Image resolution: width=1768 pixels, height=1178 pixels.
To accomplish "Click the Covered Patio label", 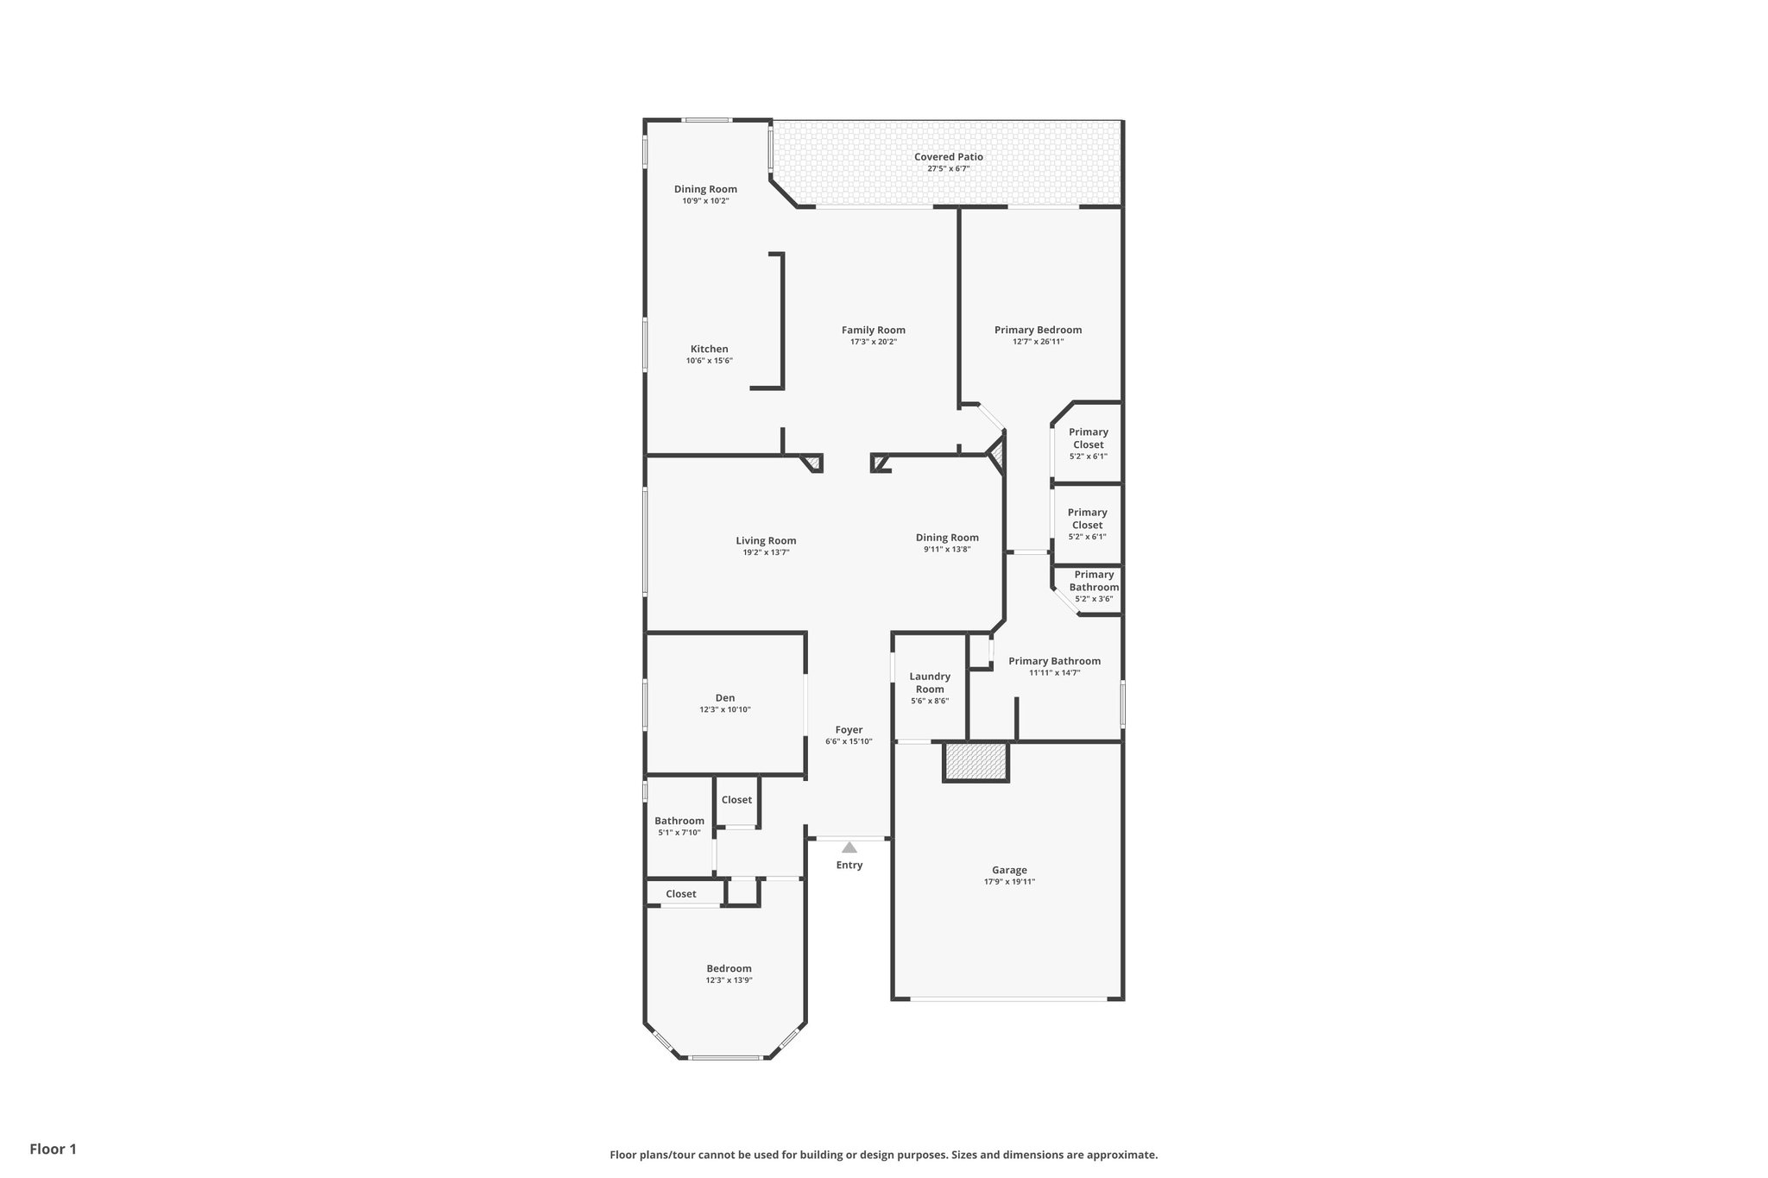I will (x=948, y=157).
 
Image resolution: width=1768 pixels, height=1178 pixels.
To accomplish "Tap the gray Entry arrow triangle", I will (x=849, y=847).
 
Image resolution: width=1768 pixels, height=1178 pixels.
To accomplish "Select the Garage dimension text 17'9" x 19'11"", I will (x=1009, y=882).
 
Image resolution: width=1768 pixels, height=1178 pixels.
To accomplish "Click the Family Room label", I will (x=873, y=330).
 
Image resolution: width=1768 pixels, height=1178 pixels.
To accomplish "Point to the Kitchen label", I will (x=709, y=349).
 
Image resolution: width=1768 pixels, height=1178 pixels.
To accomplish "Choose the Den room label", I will (x=725, y=697).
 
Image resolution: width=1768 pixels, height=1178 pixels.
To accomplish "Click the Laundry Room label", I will (x=930, y=683).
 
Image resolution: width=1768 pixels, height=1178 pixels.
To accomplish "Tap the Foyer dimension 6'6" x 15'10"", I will (x=849, y=741).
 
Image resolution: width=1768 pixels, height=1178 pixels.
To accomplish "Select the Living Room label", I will (x=766, y=540).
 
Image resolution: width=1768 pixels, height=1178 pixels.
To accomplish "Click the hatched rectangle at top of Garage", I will (x=976, y=762).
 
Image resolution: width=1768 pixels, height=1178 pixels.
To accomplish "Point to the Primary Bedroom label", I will (x=1038, y=330).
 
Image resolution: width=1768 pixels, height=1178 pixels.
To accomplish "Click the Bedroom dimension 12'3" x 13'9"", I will (x=729, y=980).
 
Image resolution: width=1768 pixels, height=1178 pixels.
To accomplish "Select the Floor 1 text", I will (x=53, y=1149).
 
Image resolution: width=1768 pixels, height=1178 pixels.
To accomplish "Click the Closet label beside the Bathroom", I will (x=736, y=800).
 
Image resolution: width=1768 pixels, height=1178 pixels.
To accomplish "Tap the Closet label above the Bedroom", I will (x=680, y=894).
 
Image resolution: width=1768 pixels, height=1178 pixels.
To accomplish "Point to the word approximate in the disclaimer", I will (x=1121, y=1155).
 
